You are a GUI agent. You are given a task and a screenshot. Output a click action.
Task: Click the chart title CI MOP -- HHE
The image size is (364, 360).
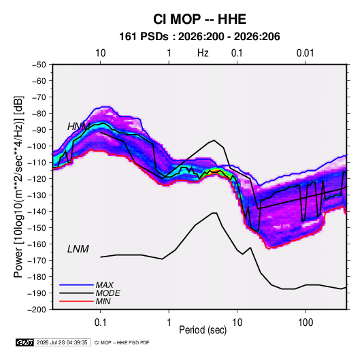click(x=199, y=19)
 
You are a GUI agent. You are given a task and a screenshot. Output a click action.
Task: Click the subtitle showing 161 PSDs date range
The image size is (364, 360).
click(x=199, y=37)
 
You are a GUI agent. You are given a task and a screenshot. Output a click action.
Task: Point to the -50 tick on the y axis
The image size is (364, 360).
click(x=39, y=65)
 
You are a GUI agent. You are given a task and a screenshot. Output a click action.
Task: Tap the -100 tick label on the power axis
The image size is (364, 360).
click(x=37, y=146)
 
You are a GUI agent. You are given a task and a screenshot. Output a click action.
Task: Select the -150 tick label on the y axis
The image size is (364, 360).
click(x=37, y=228)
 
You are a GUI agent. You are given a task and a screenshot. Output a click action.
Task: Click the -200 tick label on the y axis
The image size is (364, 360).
click(x=37, y=310)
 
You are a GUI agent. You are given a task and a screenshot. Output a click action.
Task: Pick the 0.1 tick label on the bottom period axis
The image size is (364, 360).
click(x=100, y=323)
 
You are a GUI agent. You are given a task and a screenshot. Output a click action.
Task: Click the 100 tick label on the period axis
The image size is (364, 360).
click(x=305, y=323)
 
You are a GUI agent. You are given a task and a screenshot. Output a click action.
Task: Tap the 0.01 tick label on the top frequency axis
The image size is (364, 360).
click(x=305, y=53)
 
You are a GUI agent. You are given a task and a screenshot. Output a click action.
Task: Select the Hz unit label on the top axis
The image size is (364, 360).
click(x=203, y=53)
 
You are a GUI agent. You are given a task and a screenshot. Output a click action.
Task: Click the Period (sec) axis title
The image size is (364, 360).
click(x=203, y=330)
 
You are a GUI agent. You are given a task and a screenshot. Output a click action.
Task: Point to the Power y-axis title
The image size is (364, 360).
click(x=18, y=187)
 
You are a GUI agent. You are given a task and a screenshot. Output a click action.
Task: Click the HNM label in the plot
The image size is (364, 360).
click(x=78, y=127)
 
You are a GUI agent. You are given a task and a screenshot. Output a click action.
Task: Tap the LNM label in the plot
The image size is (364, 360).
click(x=78, y=249)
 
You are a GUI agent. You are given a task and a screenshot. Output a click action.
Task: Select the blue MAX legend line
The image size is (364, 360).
click(x=76, y=285)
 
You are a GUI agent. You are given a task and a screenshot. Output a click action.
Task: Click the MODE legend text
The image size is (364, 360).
click(x=107, y=293)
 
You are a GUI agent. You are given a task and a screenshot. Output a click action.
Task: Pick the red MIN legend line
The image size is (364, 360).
click(x=76, y=301)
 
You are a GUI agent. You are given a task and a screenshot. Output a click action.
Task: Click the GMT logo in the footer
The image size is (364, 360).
click(x=25, y=342)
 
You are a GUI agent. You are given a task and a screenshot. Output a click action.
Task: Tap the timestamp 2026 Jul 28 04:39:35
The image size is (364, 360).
click(x=62, y=342)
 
